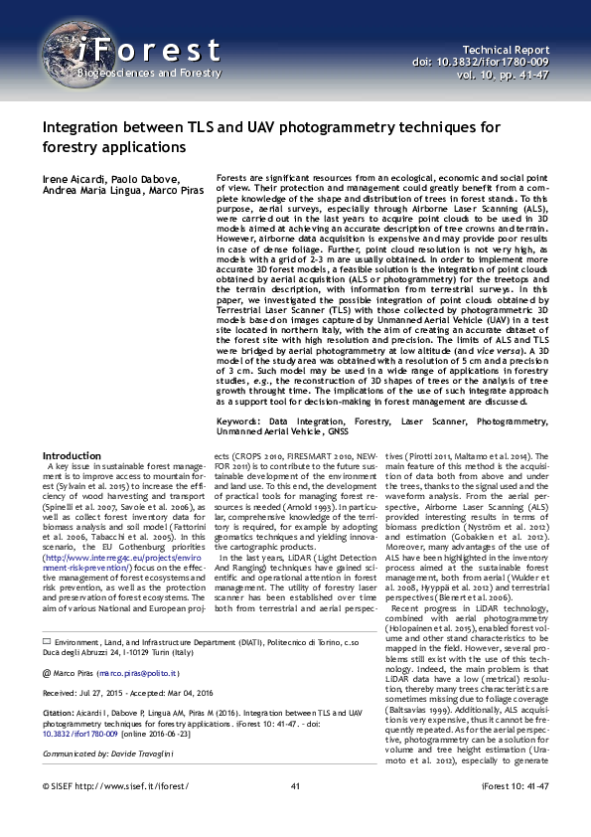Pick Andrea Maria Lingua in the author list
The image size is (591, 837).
(88, 191)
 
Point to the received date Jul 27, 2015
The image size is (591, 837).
(106, 669)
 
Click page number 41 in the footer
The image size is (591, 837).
(295, 813)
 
